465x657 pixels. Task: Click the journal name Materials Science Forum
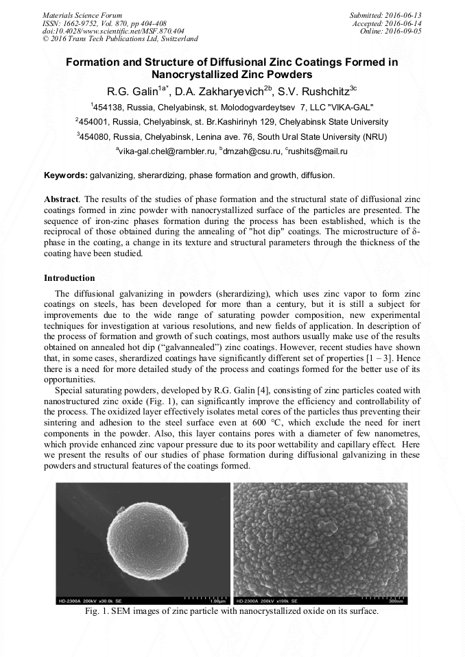coord(82,14)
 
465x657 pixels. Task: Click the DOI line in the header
coord(113,31)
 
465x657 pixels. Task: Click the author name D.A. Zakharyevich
coord(226,90)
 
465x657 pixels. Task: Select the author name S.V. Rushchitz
coord(318,90)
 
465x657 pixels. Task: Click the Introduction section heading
coord(69,278)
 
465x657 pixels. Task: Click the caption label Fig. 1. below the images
coord(96,611)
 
